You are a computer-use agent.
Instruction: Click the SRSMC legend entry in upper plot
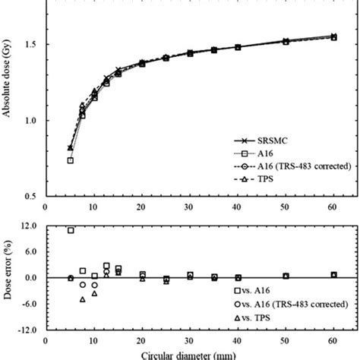(273, 141)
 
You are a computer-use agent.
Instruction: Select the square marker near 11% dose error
(71, 230)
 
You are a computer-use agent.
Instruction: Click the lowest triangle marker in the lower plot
(82, 299)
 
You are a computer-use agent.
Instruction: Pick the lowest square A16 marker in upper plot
(71, 160)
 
